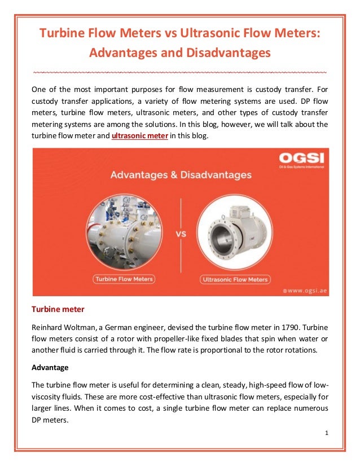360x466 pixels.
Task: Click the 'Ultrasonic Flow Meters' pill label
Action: (235, 279)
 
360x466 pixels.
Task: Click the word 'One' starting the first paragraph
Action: (38, 89)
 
